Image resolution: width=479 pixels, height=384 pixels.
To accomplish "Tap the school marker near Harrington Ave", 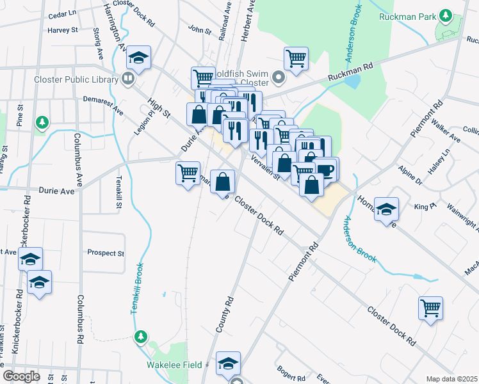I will [138, 59].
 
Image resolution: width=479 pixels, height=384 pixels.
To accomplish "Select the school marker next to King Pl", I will [386, 209].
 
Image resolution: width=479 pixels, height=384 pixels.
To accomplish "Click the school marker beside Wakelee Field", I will [228, 364].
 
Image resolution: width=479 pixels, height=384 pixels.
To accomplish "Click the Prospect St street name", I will [106, 253].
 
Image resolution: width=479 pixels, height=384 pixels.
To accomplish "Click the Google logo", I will [21, 376].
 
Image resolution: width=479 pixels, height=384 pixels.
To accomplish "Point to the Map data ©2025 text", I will [451, 379].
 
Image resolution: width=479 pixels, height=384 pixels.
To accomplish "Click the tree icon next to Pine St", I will [42, 122].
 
